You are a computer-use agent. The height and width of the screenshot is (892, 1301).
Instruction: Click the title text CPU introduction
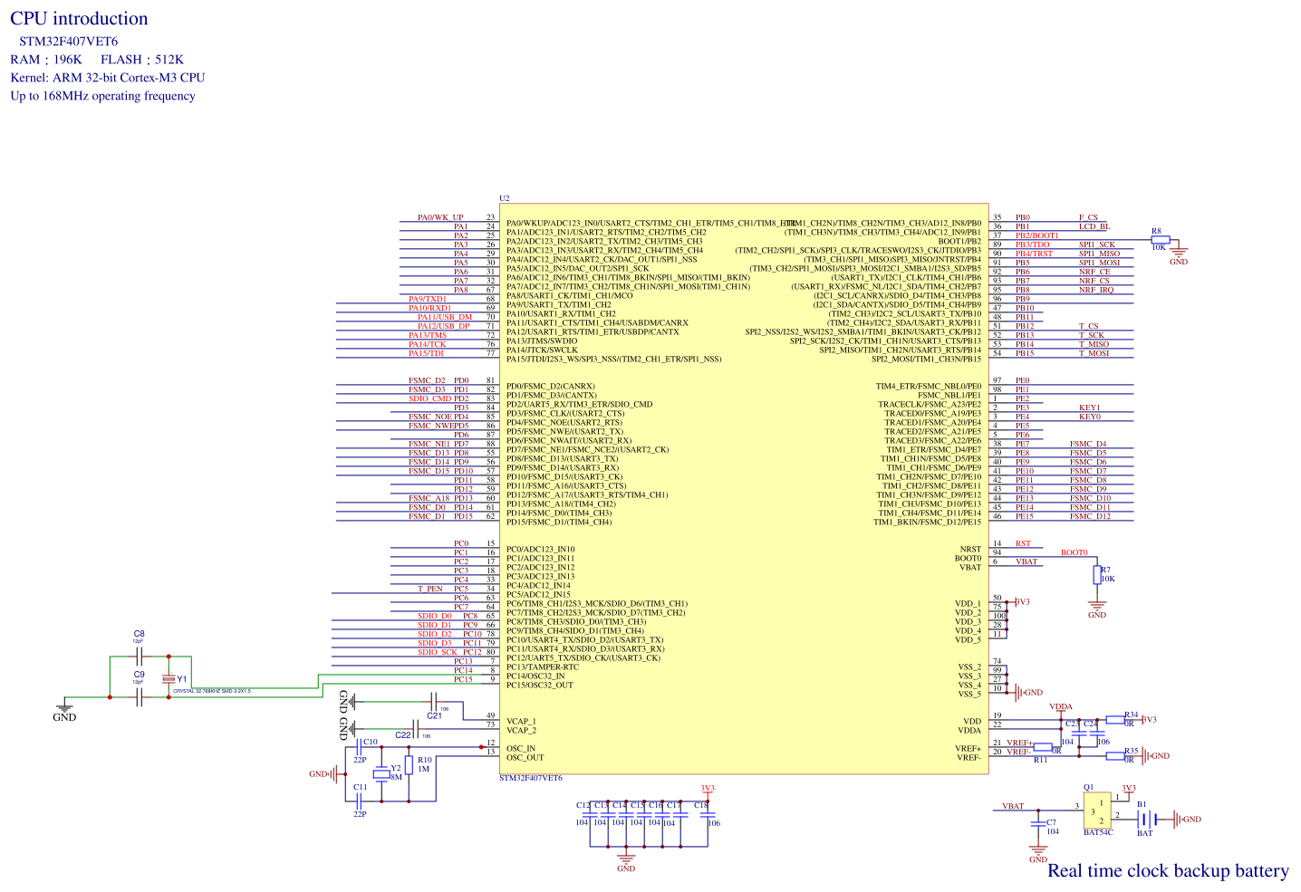(79, 19)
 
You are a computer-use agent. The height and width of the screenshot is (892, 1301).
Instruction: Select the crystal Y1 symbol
(168, 678)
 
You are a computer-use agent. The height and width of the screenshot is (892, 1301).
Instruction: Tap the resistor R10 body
(409, 766)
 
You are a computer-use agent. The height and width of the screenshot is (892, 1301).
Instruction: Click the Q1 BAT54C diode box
(1098, 810)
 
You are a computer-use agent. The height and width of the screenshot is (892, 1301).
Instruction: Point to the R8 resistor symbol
(1161, 240)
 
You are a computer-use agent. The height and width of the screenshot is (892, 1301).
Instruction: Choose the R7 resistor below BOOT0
(1097, 574)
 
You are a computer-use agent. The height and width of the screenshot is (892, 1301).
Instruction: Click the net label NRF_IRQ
(1095, 290)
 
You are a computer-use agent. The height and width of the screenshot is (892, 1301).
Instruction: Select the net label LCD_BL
(1094, 226)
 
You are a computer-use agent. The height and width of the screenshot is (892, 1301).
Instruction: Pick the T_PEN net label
(430, 589)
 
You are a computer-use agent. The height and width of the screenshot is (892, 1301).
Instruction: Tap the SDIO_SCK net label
(438, 652)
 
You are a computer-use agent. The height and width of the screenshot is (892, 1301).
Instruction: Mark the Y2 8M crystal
(382, 775)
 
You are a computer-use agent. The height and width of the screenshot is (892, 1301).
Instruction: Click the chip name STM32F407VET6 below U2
(531, 779)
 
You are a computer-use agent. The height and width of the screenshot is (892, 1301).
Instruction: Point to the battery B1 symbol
(1145, 819)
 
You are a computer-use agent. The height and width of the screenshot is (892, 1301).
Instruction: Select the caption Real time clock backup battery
(1168, 871)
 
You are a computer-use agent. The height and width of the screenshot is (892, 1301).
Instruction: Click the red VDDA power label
(1061, 707)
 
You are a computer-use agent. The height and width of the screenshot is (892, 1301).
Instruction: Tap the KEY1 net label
(1090, 408)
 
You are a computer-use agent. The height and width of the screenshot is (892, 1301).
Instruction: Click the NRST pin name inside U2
(970, 549)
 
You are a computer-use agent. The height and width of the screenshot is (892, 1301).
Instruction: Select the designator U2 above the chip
(505, 198)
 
